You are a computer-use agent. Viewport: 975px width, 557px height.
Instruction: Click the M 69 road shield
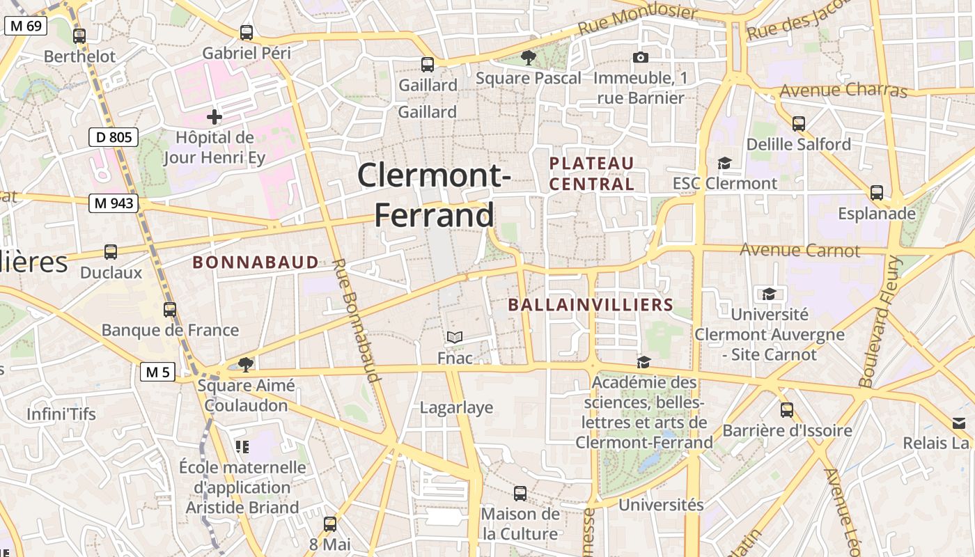click(x=26, y=26)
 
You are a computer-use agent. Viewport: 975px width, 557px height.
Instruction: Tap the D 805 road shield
click(x=114, y=137)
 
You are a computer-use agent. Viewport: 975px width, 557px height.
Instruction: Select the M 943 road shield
click(x=114, y=203)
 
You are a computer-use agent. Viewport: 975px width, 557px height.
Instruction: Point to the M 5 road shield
click(x=158, y=372)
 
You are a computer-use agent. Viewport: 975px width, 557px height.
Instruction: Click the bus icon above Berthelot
click(x=79, y=36)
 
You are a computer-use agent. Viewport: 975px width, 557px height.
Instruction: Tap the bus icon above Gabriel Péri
click(x=247, y=32)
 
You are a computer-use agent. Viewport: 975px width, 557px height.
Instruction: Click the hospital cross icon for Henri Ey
click(x=214, y=116)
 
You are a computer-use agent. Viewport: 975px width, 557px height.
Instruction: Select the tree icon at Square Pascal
click(x=529, y=58)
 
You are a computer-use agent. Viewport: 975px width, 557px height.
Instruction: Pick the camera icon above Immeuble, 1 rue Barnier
click(x=640, y=57)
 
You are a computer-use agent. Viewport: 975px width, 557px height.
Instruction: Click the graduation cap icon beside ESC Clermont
click(x=724, y=163)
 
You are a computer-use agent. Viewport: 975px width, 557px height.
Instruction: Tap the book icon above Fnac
click(x=455, y=338)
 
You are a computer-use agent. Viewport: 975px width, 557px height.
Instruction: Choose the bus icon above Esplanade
click(x=877, y=192)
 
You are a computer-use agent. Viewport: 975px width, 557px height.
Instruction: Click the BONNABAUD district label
click(x=256, y=262)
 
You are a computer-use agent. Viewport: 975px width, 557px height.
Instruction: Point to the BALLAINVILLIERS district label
click(x=591, y=305)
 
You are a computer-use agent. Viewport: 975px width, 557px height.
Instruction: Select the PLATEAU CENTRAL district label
click(x=592, y=173)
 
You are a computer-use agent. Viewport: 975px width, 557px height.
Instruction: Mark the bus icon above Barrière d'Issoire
click(x=787, y=410)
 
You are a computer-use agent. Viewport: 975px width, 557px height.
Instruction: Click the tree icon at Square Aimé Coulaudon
click(x=245, y=364)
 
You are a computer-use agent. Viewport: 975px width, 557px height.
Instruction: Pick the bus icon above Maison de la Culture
click(x=520, y=494)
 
